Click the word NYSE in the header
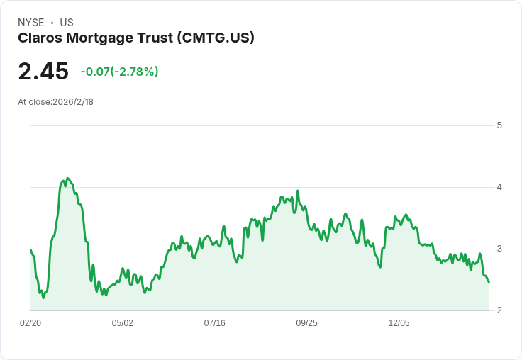click(30, 23)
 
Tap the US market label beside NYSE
click(67, 23)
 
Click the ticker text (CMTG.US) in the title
click(215, 38)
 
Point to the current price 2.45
click(43, 72)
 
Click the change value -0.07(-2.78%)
click(119, 72)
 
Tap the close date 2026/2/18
click(73, 102)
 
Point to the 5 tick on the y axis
click(499, 125)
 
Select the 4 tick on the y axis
click(499, 187)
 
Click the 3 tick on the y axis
click(499, 249)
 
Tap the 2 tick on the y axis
click(499, 310)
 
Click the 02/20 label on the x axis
click(30, 323)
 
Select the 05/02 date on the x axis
click(123, 323)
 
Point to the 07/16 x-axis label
click(215, 323)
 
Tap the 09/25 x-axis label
click(307, 323)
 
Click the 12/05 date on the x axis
click(399, 323)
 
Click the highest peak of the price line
click(67, 179)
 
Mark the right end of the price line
click(489, 282)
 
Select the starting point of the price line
click(30, 249)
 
